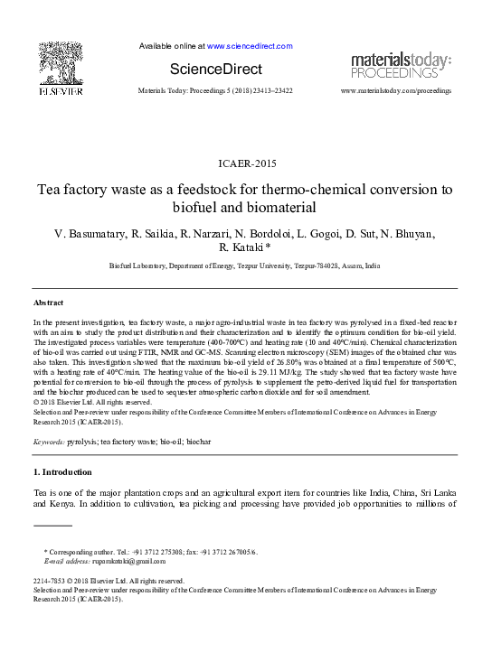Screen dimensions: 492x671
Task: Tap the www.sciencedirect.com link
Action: (x=249, y=46)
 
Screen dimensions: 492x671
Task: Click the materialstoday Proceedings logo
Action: (x=400, y=65)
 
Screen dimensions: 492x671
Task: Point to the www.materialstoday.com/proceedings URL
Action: (x=395, y=92)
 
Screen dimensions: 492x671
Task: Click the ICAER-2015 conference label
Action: (x=246, y=163)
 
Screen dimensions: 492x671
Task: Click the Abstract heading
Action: (x=48, y=303)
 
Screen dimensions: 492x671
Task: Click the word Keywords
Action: (x=48, y=443)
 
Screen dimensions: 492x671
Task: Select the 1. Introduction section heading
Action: (x=62, y=471)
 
